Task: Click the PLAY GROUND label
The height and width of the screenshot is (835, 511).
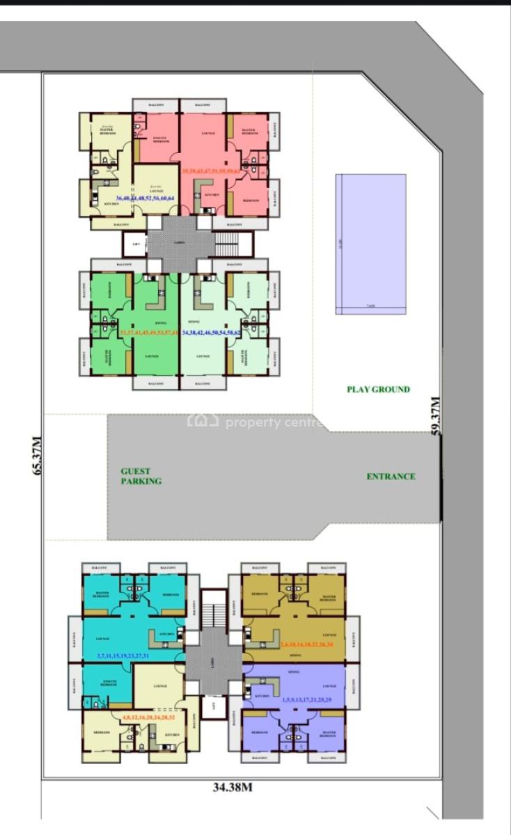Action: click(x=378, y=390)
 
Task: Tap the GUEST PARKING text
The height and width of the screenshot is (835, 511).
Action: click(x=141, y=476)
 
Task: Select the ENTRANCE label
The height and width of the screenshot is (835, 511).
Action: click(x=391, y=477)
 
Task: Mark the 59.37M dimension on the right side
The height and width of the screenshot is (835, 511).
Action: click(x=437, y=415)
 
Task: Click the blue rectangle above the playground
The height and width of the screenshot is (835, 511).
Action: click(x=370, y=244)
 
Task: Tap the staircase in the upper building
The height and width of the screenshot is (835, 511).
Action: click(x=228, y=245)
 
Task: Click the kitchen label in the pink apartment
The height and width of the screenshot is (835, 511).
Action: click(x=212, y=195)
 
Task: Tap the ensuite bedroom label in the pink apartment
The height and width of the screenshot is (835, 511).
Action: click(x=162, y=138)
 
